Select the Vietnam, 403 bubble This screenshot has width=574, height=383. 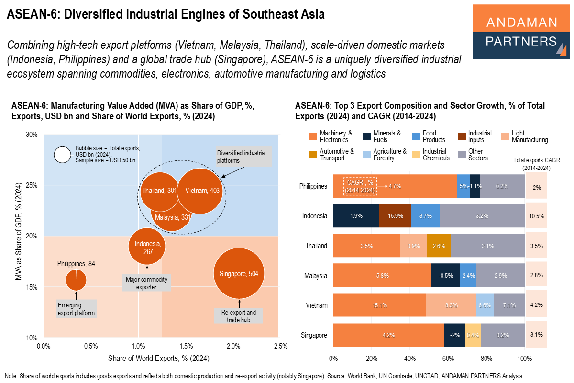click(x=201, y=191)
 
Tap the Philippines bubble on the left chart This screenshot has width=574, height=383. click(x=76, y=280)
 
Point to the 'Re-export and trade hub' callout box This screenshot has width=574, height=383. click(x=239, y=316)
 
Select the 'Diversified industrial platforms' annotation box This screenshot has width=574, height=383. click(x=243, y=157)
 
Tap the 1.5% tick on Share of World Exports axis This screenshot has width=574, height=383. click(x=186, y=346)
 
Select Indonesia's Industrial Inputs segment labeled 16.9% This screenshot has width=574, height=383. click(x=395, y=216)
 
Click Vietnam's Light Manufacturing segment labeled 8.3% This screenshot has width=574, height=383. click(x=451, y=305)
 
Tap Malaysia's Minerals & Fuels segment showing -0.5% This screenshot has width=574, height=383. click(x=445, y=276)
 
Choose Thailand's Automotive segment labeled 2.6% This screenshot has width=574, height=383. click(x=439, y=246)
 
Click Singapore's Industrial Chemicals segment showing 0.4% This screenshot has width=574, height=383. click(x=473, y=335)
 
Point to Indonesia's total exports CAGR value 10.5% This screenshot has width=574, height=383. click(x=537, y=216)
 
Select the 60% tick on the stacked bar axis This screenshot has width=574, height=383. click(x=448, y=358)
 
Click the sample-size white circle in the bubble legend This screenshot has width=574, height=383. click(x=62, y=155)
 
